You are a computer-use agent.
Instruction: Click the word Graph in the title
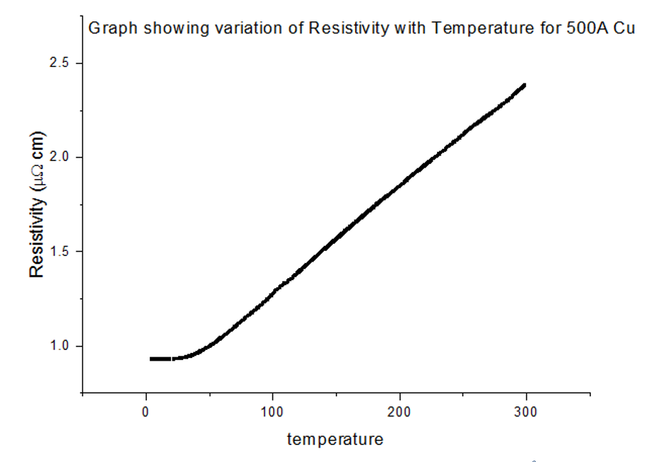(x=107, y=29)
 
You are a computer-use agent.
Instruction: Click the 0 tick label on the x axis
(x=145, y=411)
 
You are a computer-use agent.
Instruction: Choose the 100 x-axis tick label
(x=272, y=411)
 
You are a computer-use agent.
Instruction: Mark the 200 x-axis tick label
(x=399, y=411)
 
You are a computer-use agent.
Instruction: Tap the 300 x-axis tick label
(x=526, y=411)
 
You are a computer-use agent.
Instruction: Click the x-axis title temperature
(x=335, y=439)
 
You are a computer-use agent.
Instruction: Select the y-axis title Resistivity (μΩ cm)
(x=38, y=205)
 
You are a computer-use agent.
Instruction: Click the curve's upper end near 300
(x=524, y=86)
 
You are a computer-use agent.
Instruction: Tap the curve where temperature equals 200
(x=399, y=183)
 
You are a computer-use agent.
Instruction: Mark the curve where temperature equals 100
(x=272, y=292)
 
